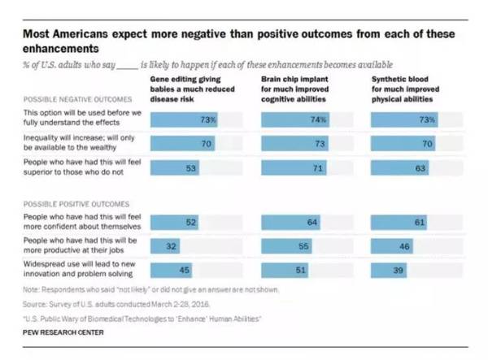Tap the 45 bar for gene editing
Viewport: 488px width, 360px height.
pos(173,268)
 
